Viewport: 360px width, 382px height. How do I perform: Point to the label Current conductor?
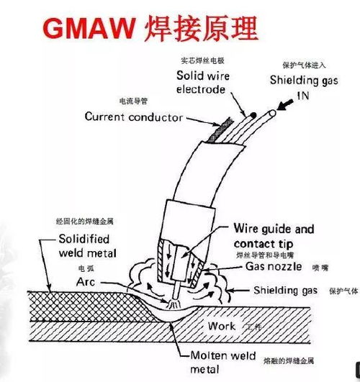133,117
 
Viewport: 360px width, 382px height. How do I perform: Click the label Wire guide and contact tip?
274,236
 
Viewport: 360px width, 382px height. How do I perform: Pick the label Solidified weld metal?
84,245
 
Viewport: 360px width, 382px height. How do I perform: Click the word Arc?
85,282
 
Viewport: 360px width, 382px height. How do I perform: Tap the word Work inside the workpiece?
221,326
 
